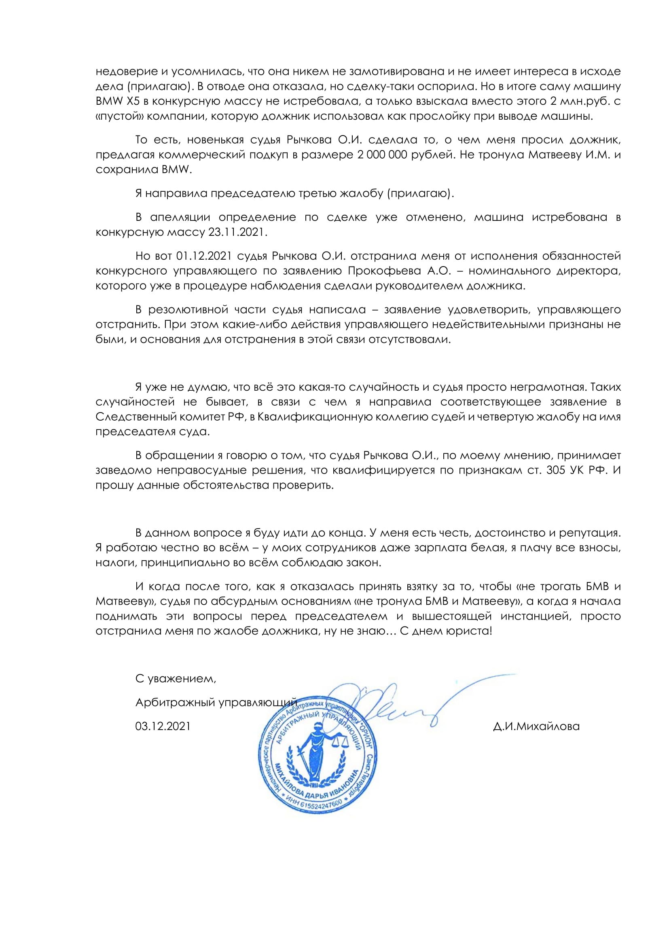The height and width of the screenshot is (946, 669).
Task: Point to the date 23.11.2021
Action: (238, 232)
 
